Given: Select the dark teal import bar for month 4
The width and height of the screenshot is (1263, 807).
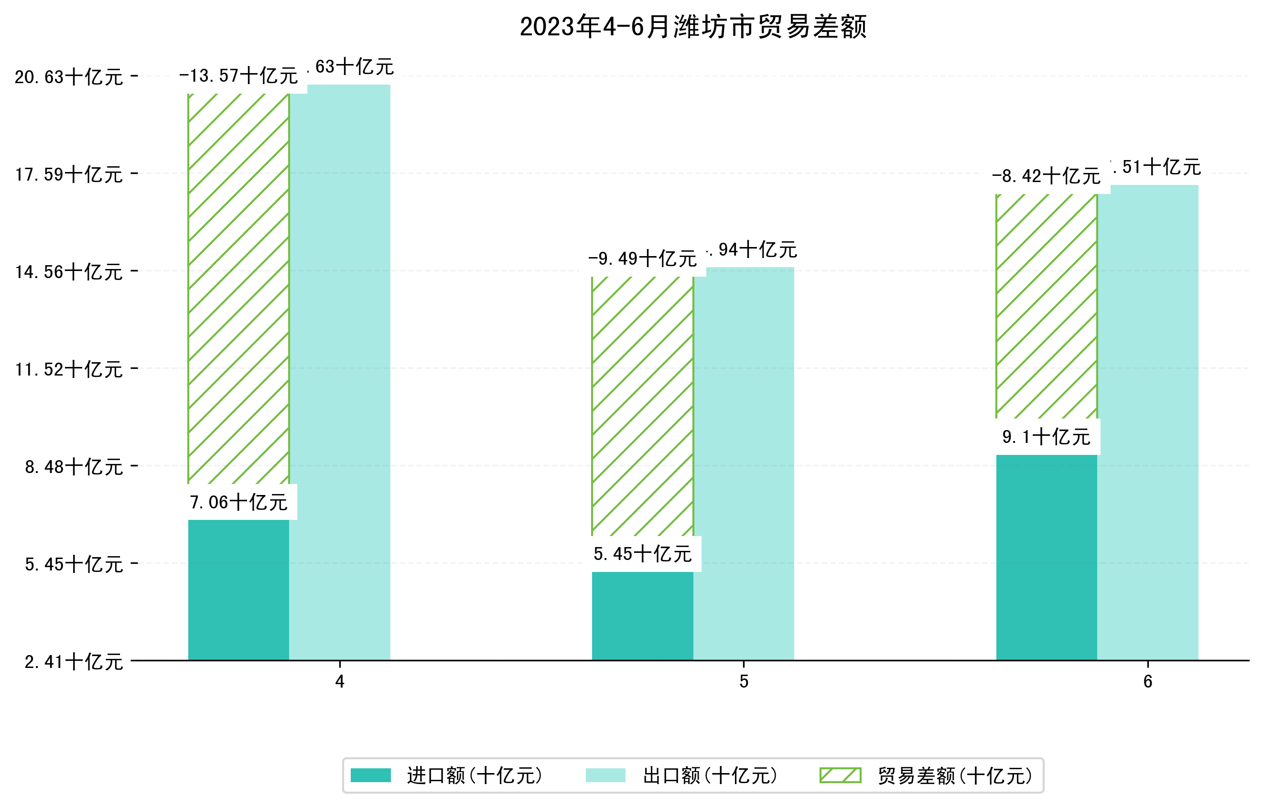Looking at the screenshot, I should tap(238, 590).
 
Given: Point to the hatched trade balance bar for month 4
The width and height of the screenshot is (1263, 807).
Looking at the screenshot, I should tap(238, 289).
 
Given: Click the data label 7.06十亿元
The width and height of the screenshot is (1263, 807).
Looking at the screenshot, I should tap(238, 502).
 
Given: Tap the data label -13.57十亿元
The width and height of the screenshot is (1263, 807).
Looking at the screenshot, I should tap(238, 76).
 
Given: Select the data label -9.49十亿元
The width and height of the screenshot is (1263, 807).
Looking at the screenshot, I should tap(643, 258).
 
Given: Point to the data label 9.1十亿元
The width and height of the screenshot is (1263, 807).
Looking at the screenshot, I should tap(1046, 437).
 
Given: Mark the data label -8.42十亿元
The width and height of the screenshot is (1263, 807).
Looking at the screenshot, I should tap(1046, 176).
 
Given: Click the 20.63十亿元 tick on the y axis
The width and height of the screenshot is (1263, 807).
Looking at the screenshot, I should tap(69, 77).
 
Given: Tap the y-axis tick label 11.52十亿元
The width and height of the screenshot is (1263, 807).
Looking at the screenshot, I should tap(69, 369).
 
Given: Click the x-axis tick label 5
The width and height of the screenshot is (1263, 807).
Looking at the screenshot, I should tap(743, 682).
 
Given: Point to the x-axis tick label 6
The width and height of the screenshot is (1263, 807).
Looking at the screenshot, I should tap(1148, 682).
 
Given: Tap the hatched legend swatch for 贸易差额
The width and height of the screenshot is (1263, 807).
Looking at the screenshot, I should tap(840, 775).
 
